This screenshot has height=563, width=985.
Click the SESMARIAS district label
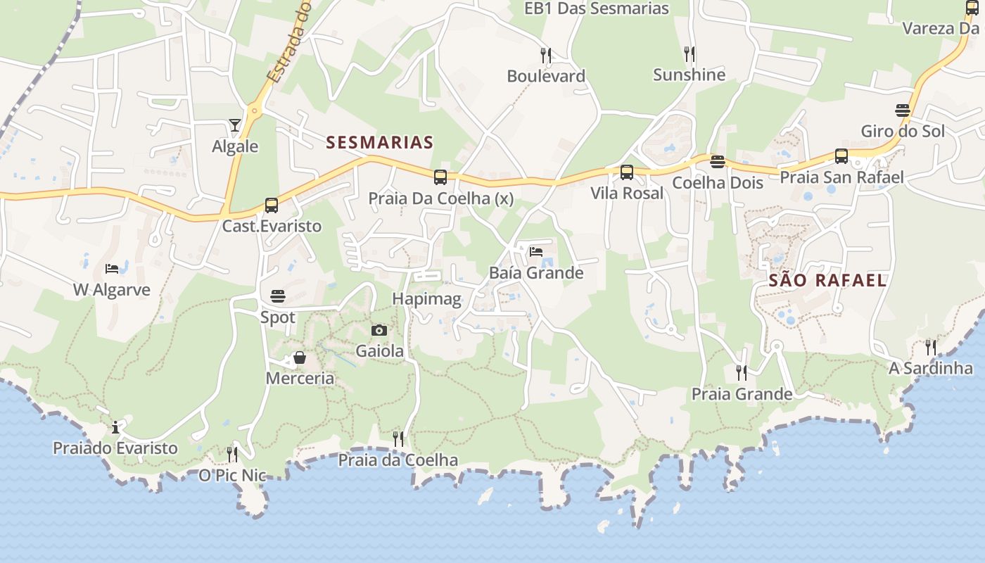pyautogui.click(x=380, y=143)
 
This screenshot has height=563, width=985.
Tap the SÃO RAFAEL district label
pyautogui.click(x=827, y=280)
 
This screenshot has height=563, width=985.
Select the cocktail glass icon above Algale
pyautogui.click(x=235, y=125)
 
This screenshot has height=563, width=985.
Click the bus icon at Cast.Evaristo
pyautogui.click(x=272, y=205)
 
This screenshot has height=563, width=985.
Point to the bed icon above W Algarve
pyautogui.click(x=112, y=268)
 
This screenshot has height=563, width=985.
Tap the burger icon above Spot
pyautogui.click(x=278, y=296)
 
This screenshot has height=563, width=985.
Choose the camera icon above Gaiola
pyautogui.click(x=379, y=330)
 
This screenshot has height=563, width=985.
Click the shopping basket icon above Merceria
pyautogui.click(x=300, y=358)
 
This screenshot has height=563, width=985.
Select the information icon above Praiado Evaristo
pyautogui.click(x=115, y=427)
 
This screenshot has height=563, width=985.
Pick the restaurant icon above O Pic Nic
pyautogui.click(x=232, y=454)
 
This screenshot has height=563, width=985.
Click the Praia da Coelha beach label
pyautogui.click(x=398, y=460)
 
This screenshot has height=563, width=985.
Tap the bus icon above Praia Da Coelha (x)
pyautogui.click(x=440, y=177)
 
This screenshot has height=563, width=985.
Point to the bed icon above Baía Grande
pyautogui.click(x=536, y=251)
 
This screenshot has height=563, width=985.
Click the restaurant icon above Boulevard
pyautogui.click(x=545, y=55)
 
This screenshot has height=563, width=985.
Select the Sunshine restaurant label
pyautogui.click(x=689, y=75)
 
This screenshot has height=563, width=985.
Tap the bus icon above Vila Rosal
pyautogui.click(x=627, y=172)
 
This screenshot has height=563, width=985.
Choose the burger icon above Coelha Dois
pyautogui.click(x=718, y=162)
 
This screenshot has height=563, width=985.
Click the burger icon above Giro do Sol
pyautogui.click(x=903, y=110)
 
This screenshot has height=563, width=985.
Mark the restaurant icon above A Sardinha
pyautogui.click(x=931, y=347)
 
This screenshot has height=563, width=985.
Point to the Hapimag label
pyautogui.click(x=426, y=299)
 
